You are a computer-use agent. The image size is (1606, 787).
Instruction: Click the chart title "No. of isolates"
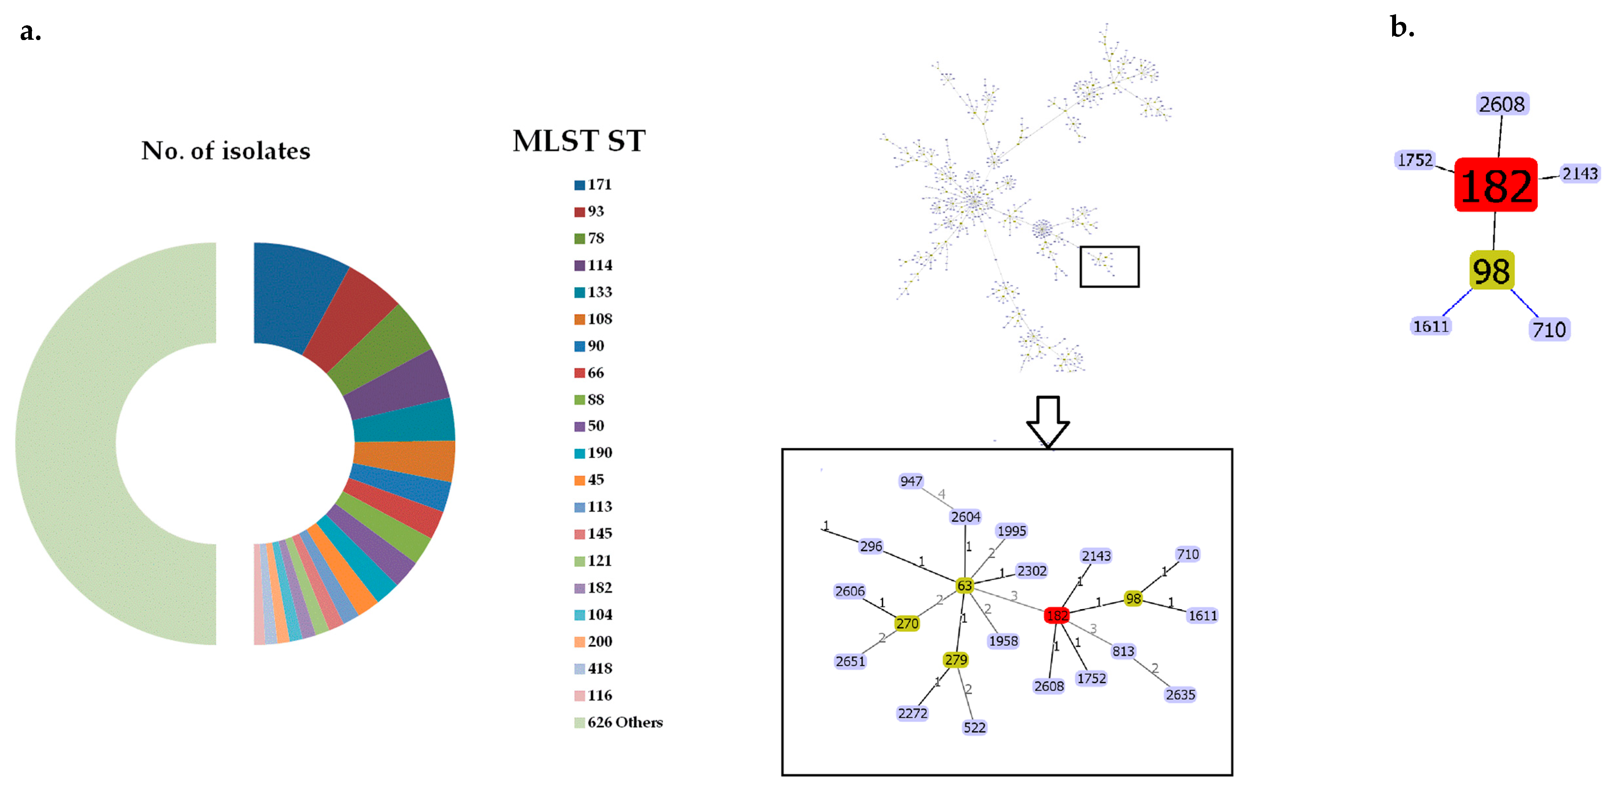(x=226, y=151)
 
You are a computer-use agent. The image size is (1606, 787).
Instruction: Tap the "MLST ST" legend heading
(x=579, y=141)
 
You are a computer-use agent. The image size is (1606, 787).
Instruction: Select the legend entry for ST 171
(x=593, y=185)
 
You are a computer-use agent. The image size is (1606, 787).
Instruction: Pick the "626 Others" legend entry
(x=618, y=722)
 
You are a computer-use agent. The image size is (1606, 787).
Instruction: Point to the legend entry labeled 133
(x=593, y=292)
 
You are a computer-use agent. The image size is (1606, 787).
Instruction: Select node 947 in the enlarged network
(x=911, y=481)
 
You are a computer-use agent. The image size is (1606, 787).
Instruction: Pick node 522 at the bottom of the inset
(x=975, y=727)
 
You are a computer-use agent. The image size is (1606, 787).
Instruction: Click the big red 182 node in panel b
(x=1496, y=185)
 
